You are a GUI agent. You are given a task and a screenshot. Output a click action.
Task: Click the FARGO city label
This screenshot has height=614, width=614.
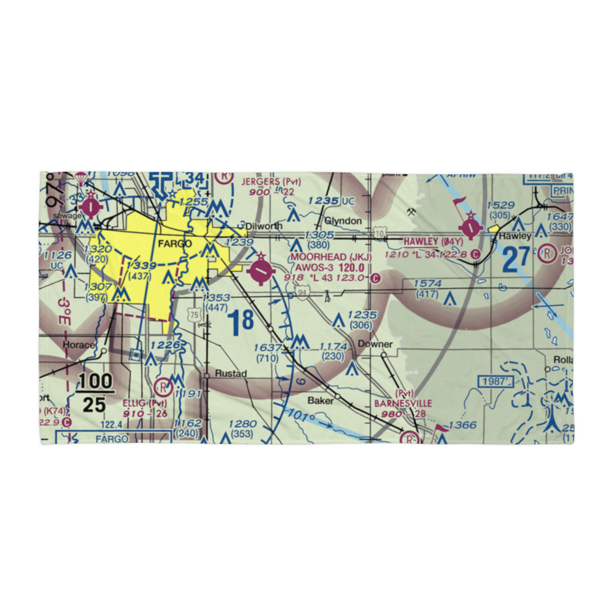point(175,244)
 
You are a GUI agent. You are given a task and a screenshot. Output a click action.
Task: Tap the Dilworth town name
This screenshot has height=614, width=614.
point(264,226)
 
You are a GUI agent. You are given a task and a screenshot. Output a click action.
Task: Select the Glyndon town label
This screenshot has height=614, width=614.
point(343,221)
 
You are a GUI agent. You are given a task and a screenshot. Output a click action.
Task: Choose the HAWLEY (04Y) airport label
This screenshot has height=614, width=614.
point(433,243)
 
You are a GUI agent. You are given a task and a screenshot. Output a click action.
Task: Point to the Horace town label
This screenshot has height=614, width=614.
point(79,344)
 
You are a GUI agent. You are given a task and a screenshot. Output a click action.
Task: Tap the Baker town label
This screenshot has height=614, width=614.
point(321,400)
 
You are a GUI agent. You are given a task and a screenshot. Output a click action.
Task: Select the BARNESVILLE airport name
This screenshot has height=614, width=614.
point(403,403)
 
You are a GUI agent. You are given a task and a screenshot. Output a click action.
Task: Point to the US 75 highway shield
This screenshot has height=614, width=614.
point(195,314)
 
